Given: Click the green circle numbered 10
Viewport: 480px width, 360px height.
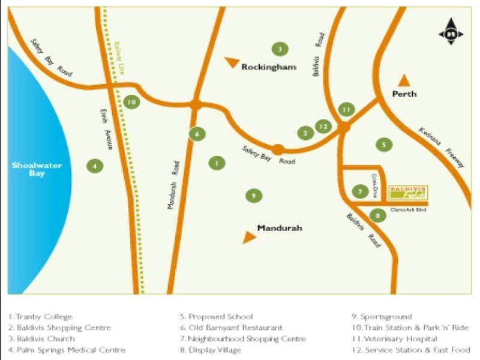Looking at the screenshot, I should [131, 102].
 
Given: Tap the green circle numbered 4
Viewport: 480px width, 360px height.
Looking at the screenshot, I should [94, 166].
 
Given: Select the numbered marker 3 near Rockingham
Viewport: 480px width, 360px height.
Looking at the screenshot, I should [278, 49].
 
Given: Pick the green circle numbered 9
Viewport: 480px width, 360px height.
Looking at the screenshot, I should [254, 195].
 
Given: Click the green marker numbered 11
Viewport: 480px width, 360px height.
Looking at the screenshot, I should [346, 109].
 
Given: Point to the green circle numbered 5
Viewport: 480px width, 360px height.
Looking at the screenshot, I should [383, 144].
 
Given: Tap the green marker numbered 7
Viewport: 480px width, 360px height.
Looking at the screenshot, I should [359, 192].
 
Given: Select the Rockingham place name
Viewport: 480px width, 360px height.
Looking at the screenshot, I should [269, 67].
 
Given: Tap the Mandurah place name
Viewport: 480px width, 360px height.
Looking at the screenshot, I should [279, 228].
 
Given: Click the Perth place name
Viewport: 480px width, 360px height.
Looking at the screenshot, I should [404, 94].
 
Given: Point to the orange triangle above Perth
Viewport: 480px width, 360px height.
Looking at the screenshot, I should [404, 80].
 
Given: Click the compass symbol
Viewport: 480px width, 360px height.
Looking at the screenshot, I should [451, 34].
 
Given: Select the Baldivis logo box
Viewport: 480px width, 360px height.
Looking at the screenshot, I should [408, 192].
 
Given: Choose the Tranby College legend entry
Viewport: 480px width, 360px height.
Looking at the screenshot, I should [40, 317].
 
